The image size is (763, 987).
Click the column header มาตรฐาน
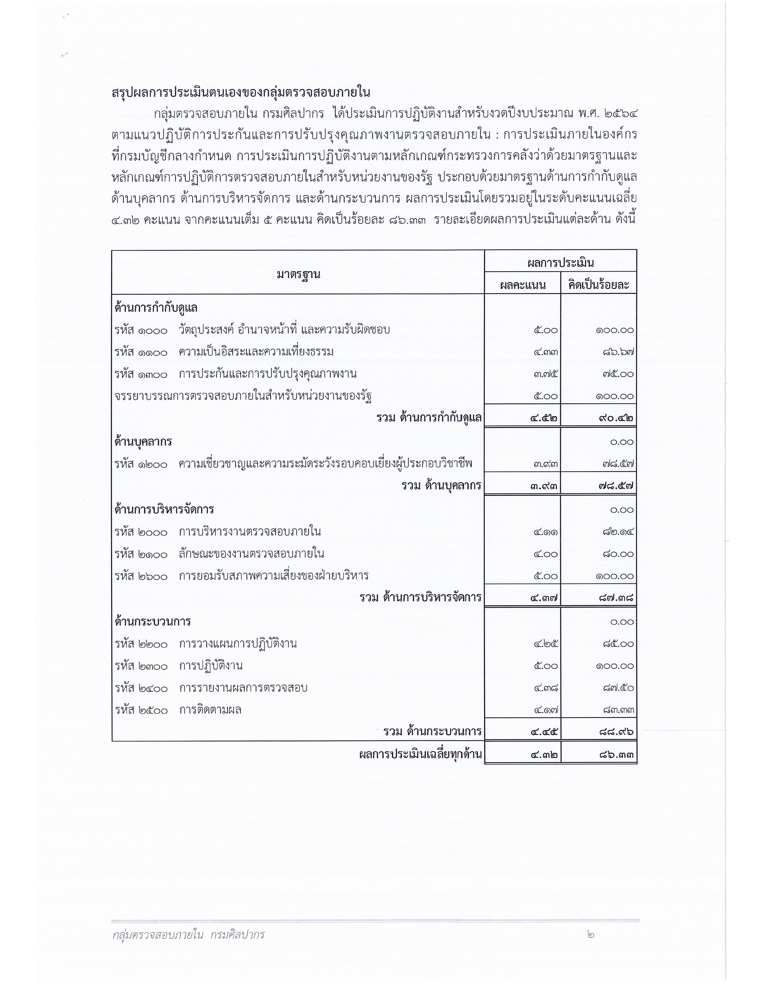(298, 274)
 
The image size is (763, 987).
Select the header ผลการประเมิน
(560, 263)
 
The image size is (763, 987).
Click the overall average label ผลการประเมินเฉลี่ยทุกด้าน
(420, 754)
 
